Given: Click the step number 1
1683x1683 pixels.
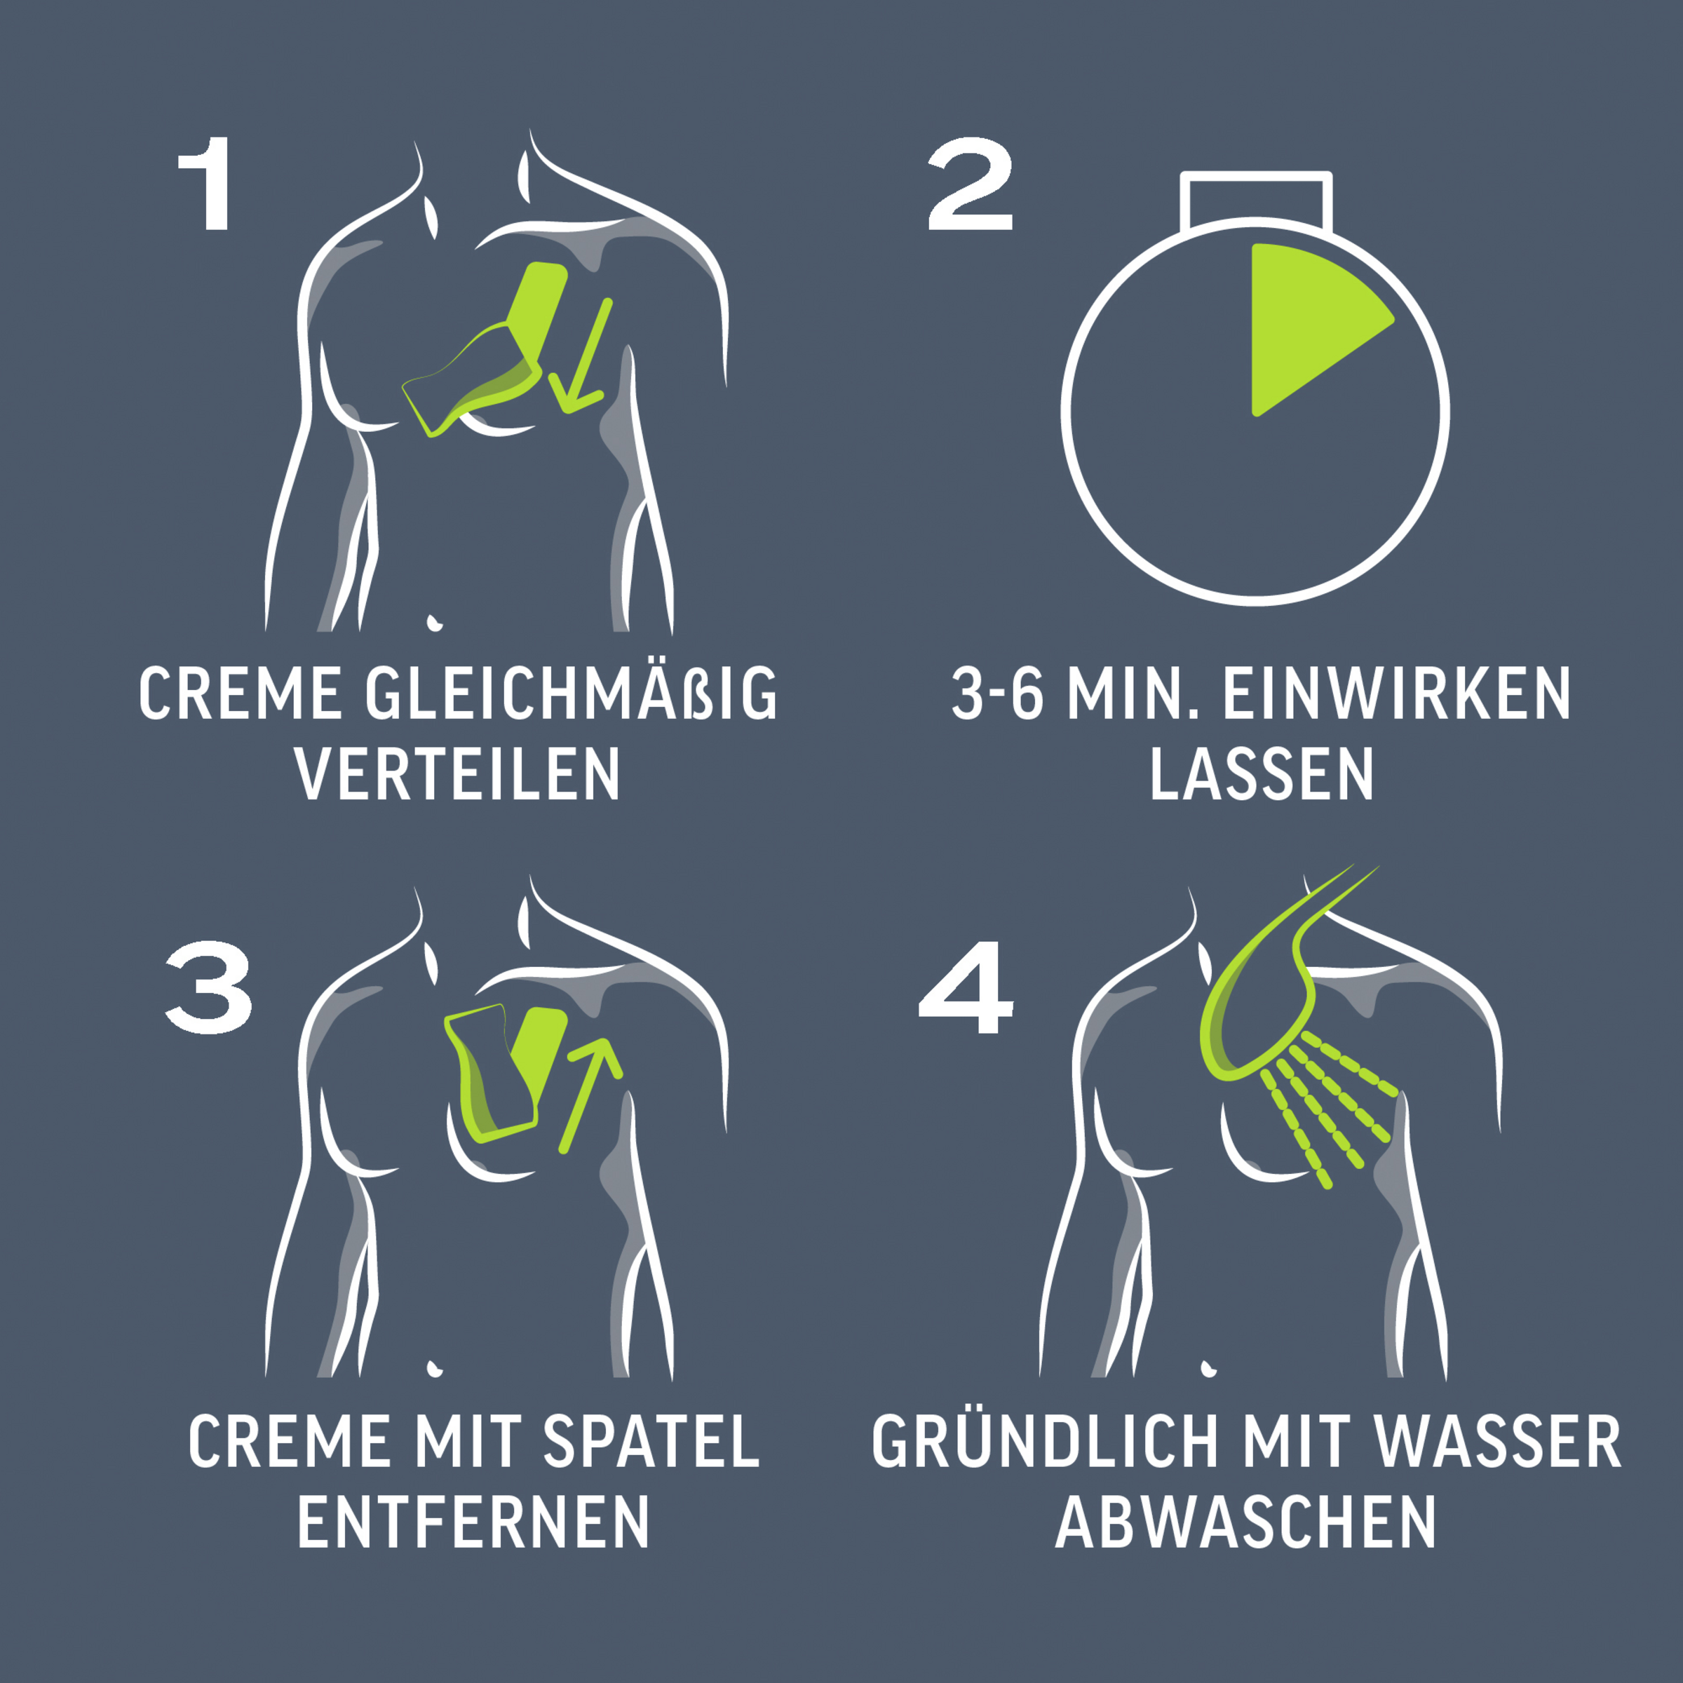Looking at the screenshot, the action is coord(205,184).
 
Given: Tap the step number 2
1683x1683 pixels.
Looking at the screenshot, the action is coord(970,184).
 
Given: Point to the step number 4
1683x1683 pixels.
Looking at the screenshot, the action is coord(966,988).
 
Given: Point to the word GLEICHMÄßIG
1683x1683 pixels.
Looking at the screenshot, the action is coord(572,694).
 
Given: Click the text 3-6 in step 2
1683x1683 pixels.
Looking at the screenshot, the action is coord(997,694).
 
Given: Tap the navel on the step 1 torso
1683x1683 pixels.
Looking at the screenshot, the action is coord(433,623).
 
